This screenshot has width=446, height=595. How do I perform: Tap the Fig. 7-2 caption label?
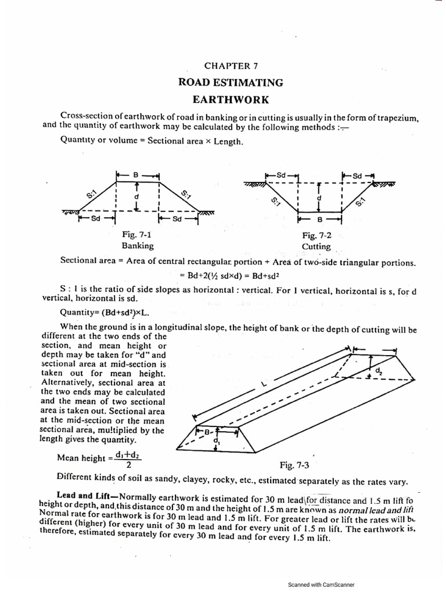click(x=316, y=235)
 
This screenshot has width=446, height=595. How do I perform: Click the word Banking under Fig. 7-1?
click(x=137, y=245)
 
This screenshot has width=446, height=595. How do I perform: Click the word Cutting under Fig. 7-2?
click(x=316, y=246)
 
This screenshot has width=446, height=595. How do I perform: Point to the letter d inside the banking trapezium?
click(x=136, y=196)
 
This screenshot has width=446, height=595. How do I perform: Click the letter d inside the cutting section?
click(x=319, y=198)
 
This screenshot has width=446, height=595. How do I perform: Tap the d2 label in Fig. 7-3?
click(x=379, y=370)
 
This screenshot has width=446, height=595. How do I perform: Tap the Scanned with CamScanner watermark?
click(x=321, y=585)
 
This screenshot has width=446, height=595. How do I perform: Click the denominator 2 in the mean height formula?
click(x=128, y=465)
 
